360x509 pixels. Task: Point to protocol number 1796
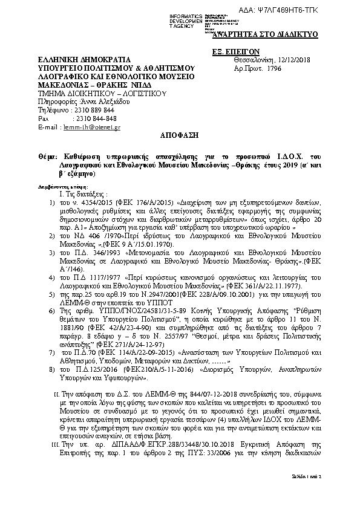pyautogui.click(x=273, y=70)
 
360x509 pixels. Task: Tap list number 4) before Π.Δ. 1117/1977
pyautogui.click(x=53, y=277)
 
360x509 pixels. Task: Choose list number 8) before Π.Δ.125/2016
pyautogui.click(x=53, y=368)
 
